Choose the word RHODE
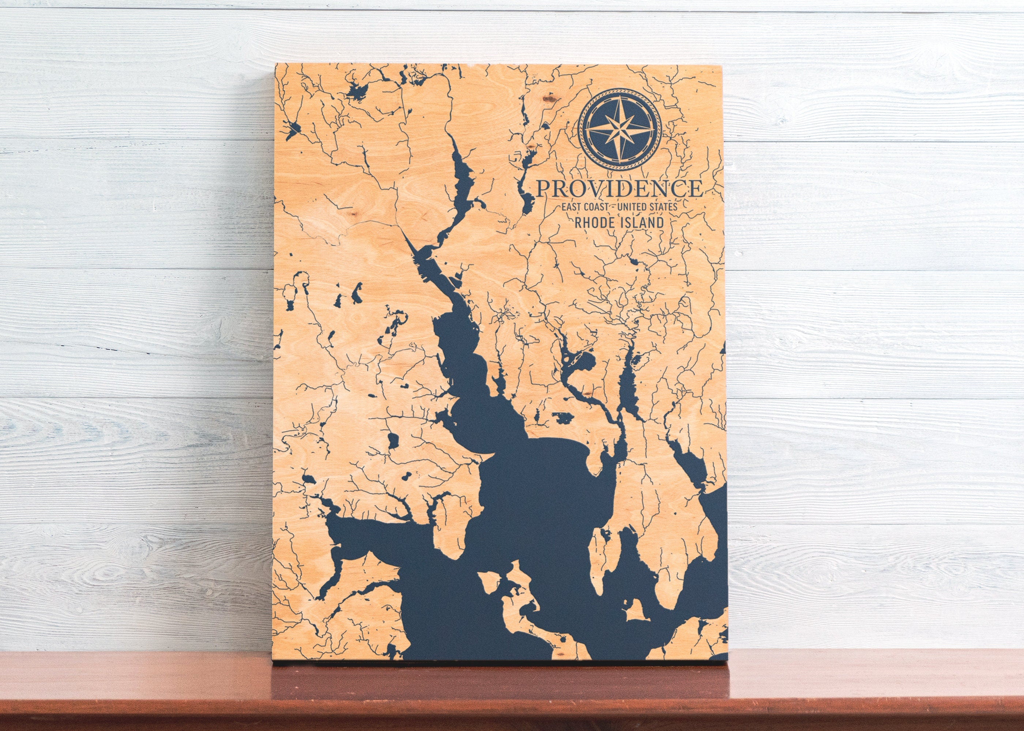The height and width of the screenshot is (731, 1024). point(595,222)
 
